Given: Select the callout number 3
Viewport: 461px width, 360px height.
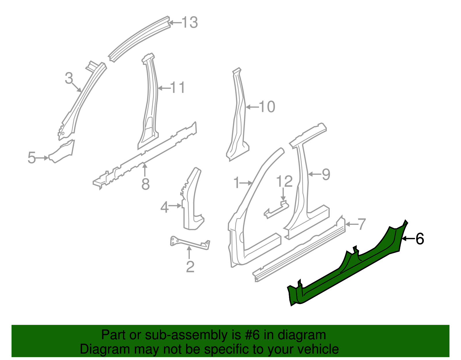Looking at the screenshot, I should [x=69, y=78].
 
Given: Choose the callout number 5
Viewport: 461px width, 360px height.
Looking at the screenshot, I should [x=32, y=158].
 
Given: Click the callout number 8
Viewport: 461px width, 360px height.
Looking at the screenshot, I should [x=146, y=184].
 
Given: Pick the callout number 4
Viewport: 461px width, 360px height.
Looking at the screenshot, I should [x=164, y=207].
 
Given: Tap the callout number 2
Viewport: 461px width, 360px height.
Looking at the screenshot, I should [x=190, y=267].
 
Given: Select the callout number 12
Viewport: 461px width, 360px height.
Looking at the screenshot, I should [x=284, y=181].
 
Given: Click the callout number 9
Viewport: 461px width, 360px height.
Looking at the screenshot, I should [x=326, y=174].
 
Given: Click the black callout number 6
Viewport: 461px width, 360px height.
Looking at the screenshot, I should [x=420, y=239].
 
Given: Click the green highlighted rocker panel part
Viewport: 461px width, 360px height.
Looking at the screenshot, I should [x=346, y=268].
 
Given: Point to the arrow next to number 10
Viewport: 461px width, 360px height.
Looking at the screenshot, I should [x=252, y=107].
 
